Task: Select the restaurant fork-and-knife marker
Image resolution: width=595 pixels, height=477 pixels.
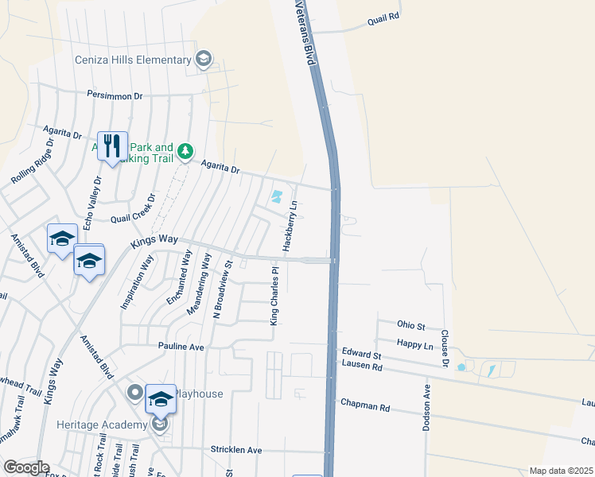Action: tap(112, 146)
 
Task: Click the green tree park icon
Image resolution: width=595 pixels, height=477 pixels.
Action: tap(185, 150)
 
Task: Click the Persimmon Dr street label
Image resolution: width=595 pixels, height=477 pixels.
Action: tap(115, 95)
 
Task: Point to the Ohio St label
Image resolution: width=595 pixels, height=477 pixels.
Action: tap(412, 326)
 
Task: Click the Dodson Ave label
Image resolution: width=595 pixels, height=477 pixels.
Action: tap(426, 407)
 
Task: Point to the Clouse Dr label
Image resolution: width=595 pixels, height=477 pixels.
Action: tap(445, 349)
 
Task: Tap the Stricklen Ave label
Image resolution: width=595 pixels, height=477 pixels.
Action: tap(236, 450)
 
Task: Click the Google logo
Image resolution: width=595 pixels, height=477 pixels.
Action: tap(25, 467)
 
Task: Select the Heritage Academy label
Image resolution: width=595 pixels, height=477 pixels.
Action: tap(101, 425)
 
